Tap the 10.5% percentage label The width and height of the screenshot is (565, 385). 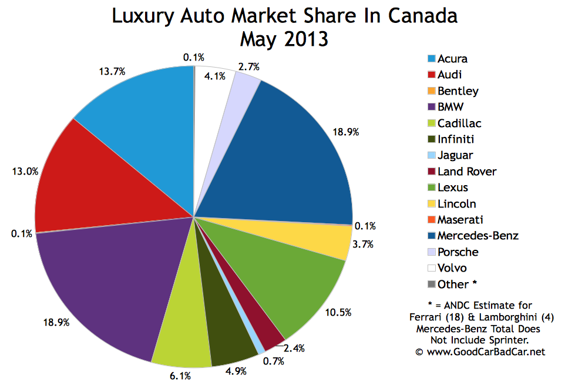click(337, 312)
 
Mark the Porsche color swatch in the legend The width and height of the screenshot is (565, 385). click(432, 252)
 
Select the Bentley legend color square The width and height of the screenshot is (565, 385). click(432, 91)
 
